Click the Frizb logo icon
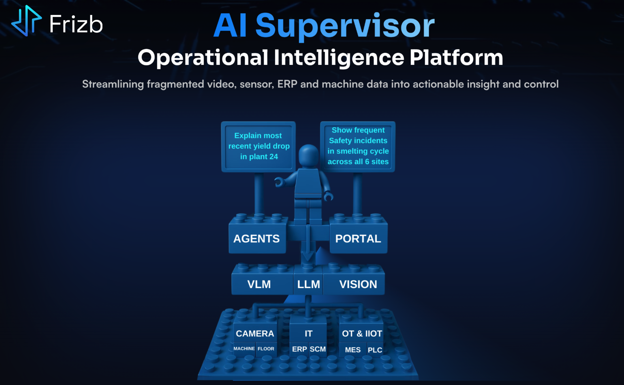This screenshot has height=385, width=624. tap(26, 21)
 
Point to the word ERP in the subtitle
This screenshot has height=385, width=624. tap(287, 84)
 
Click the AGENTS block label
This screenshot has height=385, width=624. tap(257, 239)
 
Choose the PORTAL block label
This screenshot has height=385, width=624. tap(358, 239)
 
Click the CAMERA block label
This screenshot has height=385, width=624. tap(255, 334)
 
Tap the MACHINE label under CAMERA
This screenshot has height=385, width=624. tap(244, 349)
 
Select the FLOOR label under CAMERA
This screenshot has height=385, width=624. tap(266, 349)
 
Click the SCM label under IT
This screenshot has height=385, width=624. tap(318, 349)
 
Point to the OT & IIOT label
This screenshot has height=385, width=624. tap(362, 334)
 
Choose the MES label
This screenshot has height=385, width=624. tap(353, 350)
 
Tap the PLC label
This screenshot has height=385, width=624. tap(375, 350)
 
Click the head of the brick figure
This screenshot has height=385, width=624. tap(308, 156)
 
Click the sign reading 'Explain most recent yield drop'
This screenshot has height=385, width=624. tap(259, 147)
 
